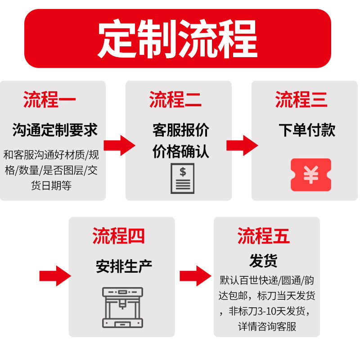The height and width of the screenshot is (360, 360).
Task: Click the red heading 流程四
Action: (119, 236)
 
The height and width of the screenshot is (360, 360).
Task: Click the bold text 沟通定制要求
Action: (55, 130)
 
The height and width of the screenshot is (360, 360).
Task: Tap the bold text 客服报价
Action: (180, 130)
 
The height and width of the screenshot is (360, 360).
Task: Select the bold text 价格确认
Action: (180, 151)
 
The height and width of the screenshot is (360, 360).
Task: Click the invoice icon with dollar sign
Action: (182, 178)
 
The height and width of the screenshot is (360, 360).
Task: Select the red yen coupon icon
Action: (310, 175)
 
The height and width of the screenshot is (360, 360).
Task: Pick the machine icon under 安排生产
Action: (122, 307)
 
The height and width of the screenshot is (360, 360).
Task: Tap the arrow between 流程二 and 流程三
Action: (242, 145)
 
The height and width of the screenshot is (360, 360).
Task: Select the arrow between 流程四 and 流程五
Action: (195, 275)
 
